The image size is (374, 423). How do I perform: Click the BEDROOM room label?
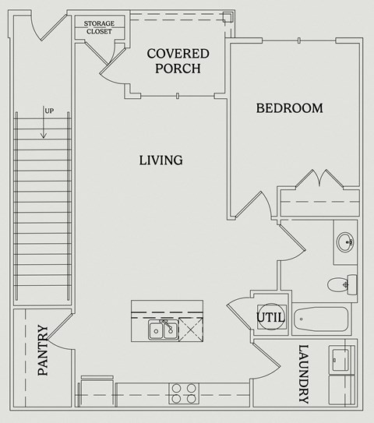pyautogui.click(x=289, y=108)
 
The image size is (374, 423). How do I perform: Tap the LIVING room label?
pyautogui.click(x=161, y=160)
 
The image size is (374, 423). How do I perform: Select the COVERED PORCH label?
pyautogui.click(x=178, y=61)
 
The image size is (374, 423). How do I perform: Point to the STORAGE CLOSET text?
pyautogui.click(x=99, y=27)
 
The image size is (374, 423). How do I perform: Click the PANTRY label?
pyautogui.click(x=43, y=351)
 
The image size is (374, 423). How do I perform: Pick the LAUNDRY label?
pyautogui.click(x=304, y=374)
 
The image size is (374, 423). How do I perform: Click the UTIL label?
pyautogui.click(x=270, y=318)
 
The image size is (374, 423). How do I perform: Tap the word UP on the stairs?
pyautogui.click(x=49, y=110)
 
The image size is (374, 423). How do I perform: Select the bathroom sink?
pyautogui.click(x=345, y=242)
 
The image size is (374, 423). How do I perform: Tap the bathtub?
pyautogui.click(x=322, y=319)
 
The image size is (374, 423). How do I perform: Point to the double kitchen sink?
pyautogui.click(x=163, y=330)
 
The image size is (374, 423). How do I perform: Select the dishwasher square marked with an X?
pyautogui.click(x=190, y=330)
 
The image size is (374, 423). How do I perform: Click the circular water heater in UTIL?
pyautogui.click(x=270, y=317)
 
